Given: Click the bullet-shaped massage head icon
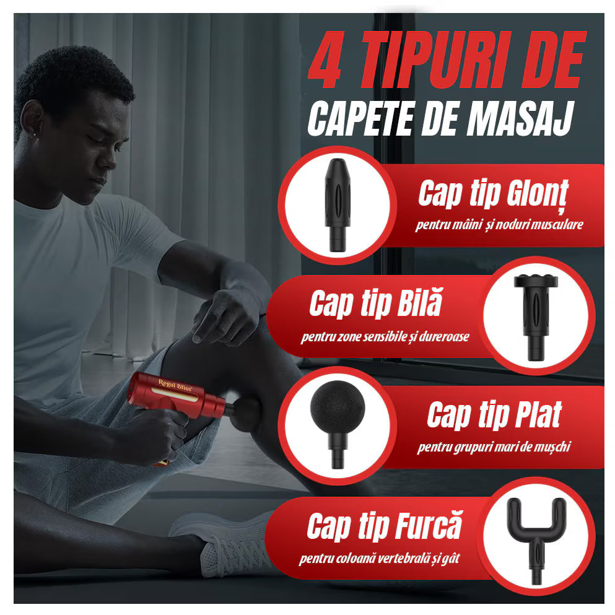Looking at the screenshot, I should click(x=337, y=205).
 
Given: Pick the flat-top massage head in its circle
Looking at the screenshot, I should click(x=531, y=315).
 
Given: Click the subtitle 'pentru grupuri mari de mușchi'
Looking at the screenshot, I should click(x=493, y=446).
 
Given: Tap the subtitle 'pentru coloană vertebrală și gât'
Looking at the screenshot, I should click(x=380, y=559).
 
